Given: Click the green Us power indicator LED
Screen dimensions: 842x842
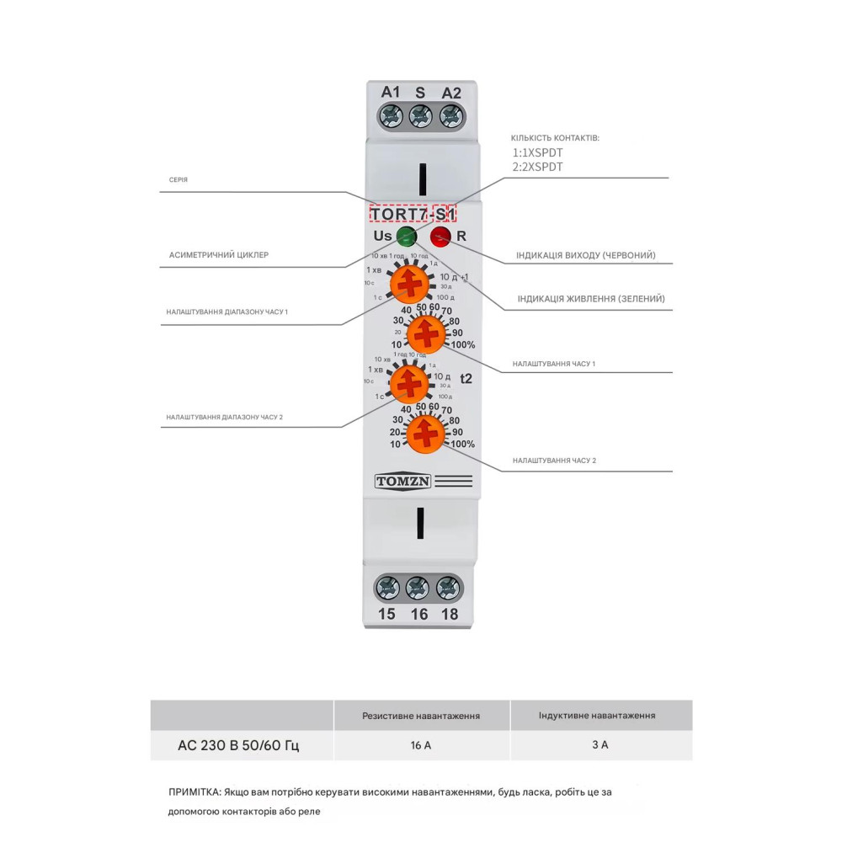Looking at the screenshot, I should click(x=406, y=236).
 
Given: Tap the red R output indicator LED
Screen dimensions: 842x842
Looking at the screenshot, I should click(x=440, y=236).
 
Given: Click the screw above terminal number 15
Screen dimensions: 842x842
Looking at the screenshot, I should click(x=387, y=586).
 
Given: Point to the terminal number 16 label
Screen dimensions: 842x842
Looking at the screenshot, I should click(x=418, y=614).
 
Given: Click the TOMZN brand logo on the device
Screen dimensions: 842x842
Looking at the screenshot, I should click(x=402, y=482).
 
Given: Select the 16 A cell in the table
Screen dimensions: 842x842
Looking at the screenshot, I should click(x=422, y=745).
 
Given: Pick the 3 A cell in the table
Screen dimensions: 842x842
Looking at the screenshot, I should click(x=600, y=745).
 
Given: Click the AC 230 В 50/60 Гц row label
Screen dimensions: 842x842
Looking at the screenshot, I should click(x=238, y=745).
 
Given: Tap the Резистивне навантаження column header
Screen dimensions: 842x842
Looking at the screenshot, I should click(x=421, y=716).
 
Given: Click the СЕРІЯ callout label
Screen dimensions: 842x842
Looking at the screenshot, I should click(x=179, y=180).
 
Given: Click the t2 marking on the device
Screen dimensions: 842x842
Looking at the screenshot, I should click(x=466, y=379).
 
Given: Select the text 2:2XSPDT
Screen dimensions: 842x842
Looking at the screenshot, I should click(x=538, y=167).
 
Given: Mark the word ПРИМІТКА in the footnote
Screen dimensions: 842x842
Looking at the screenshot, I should click(x=195, y=792).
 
